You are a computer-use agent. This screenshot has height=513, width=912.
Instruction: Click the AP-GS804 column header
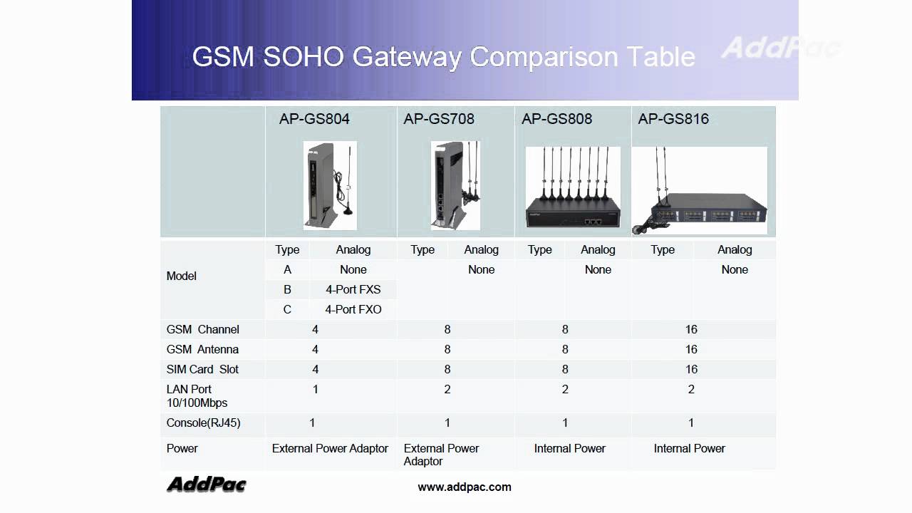coord(314,119)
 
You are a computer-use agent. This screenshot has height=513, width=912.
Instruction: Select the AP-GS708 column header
coord(439,119)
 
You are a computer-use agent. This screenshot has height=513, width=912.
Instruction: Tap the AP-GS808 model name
coord(556,119)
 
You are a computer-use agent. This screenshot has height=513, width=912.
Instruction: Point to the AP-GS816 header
coord(673,119)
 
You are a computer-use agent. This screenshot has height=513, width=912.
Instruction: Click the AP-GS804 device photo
coord(329,185)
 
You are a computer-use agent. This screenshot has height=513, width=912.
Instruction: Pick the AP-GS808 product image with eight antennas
coord(573,187)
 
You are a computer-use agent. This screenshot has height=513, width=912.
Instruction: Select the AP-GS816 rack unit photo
coord(700,191)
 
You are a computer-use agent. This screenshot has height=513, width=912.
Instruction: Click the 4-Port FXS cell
coord(353,289)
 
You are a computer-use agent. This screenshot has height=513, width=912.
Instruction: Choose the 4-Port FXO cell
coord(353,309)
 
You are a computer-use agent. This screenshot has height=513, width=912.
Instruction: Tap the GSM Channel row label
coord(203,329)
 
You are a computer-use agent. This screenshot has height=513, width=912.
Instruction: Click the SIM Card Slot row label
coord(203,369)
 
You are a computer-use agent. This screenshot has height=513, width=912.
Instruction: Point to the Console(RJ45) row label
coord(204,423)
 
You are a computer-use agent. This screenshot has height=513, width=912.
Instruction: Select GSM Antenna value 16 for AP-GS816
coord(691,349)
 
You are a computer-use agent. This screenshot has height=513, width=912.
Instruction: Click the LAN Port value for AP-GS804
coord(315,389)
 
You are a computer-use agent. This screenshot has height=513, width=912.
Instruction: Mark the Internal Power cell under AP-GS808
coord(570,448)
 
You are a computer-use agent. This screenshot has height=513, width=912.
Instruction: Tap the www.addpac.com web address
coord(465,487)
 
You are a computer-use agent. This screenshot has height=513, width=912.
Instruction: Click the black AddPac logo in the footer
coord(207,484)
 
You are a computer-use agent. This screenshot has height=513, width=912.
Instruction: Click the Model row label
coord(182,276)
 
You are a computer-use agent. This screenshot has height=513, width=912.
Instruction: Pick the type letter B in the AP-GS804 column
coord(287,289)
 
